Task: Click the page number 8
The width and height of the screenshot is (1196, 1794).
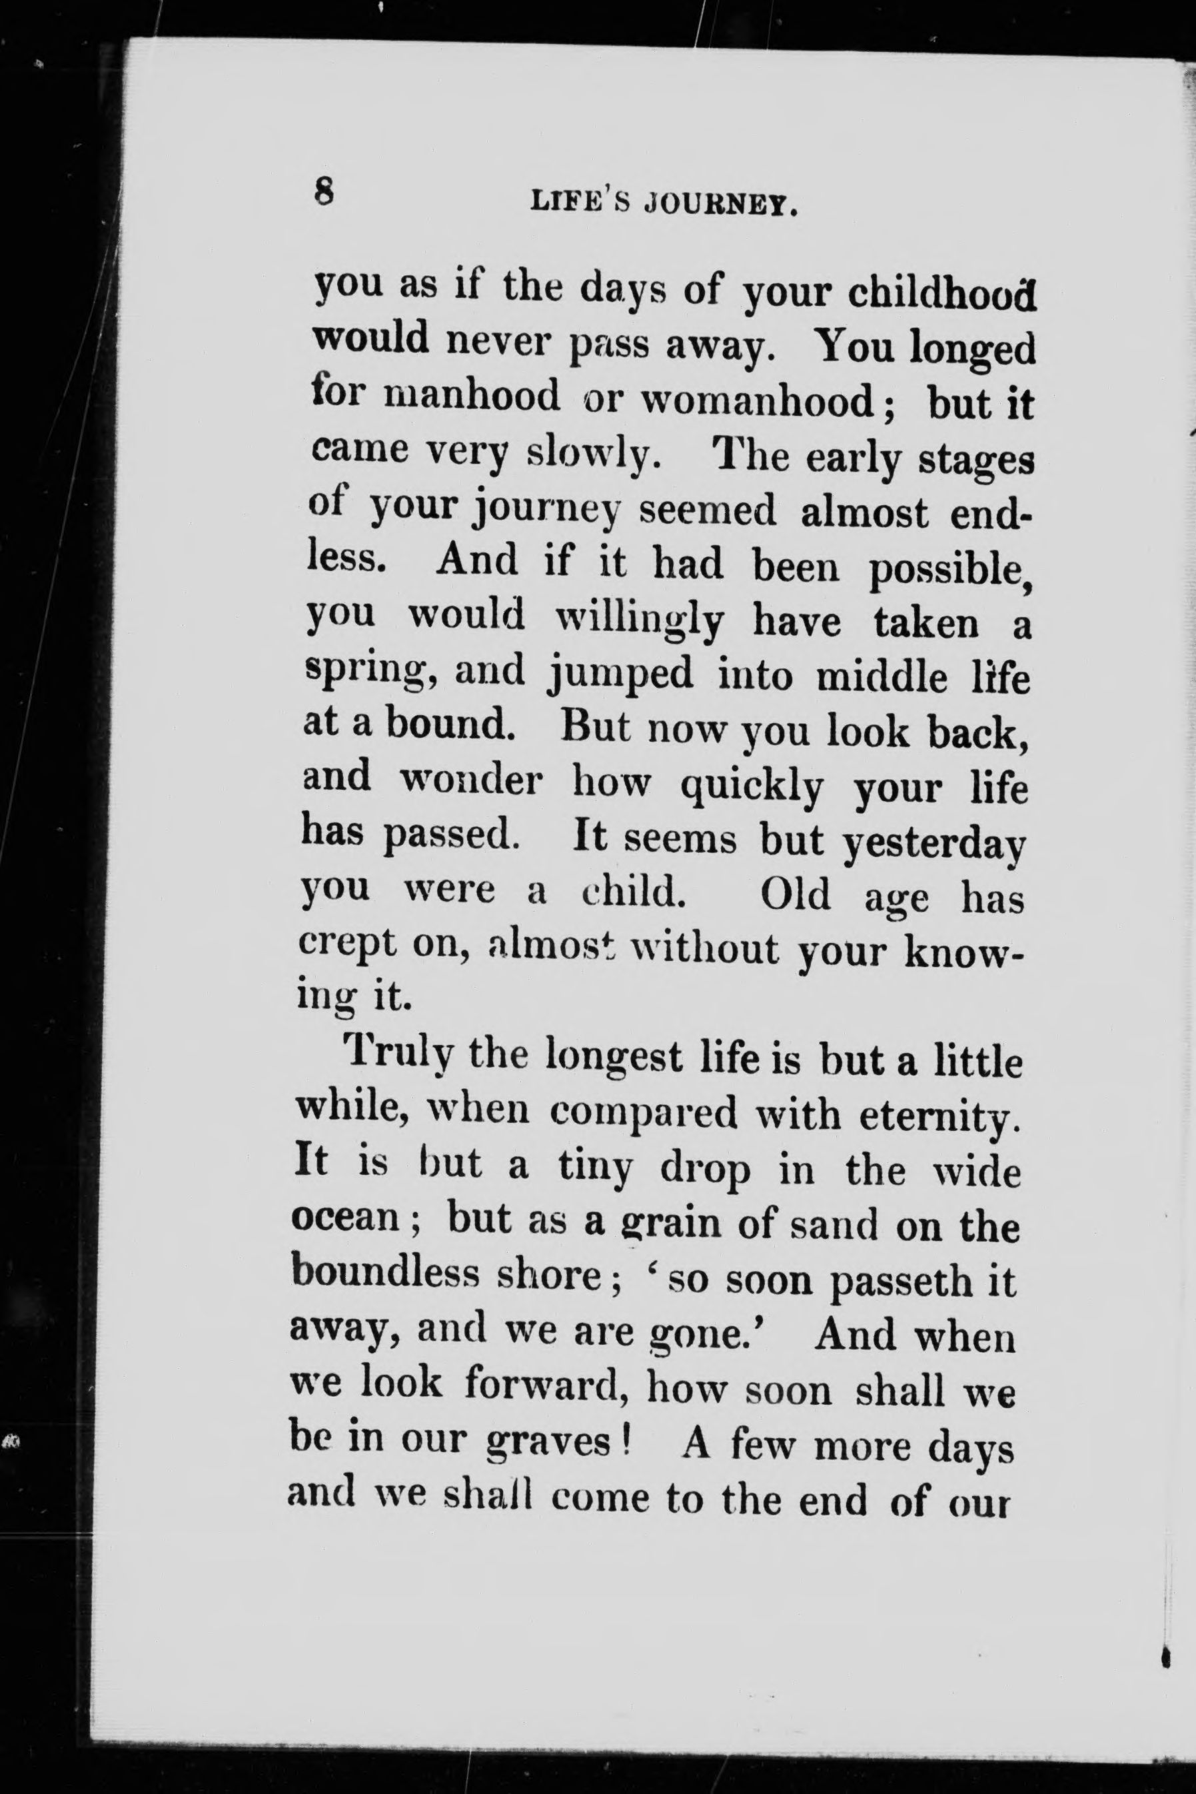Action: (324, 190)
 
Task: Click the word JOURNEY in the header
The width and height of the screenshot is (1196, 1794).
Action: (721, 205)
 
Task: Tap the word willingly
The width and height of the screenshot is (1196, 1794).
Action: (638, 622)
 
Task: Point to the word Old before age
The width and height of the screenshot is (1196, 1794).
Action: (796, 894)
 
